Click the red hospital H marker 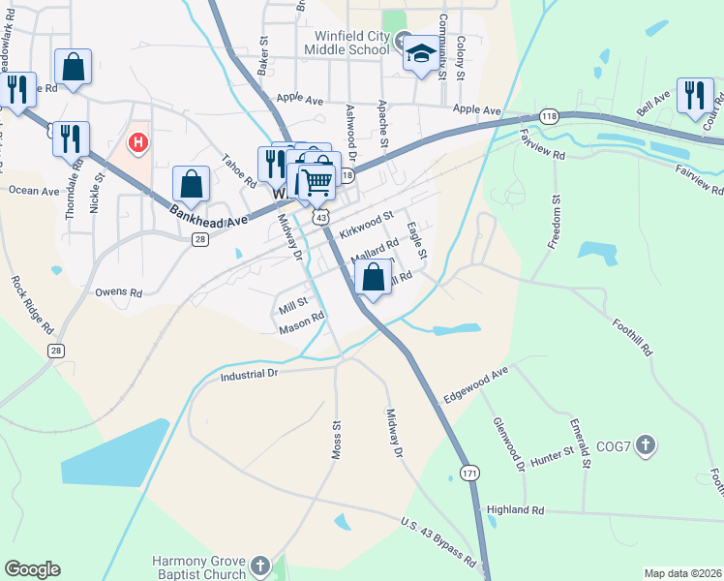pos(138,143)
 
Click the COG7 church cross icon pos(647,445)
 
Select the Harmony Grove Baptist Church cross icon pos(258,566)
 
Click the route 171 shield pos(469,474)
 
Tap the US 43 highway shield pos(320,220)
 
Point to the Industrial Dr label pos(249,374)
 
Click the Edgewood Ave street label pos(475,385)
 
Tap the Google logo pos(32,569)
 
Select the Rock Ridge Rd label pos(33,306)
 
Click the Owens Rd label pos(118,290)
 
